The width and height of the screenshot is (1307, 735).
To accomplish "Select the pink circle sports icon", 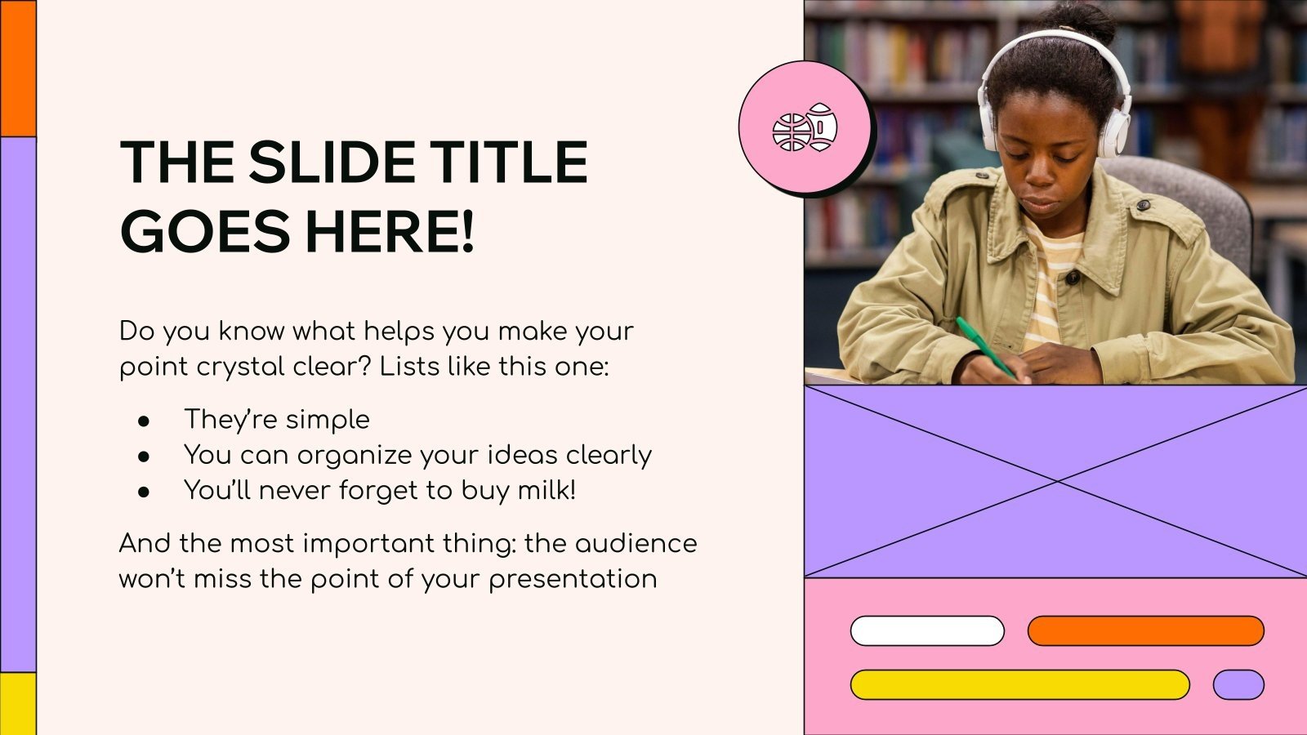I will pos(805,128).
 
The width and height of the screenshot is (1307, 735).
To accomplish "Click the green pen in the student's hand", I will pos(984,346).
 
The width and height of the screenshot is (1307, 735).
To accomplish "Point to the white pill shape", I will pos(927,631).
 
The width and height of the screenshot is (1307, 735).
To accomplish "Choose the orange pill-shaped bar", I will pos(1145,631).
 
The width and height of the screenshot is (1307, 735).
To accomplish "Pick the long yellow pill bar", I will pos(1019,684).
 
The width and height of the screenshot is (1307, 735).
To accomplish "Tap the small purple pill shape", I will pos(1238,684).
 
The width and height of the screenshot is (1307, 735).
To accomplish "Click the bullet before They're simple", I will pos(145,421).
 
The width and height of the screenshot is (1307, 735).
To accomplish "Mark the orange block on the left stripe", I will pos(18,69).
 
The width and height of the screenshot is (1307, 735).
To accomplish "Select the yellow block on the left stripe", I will pos(18,703).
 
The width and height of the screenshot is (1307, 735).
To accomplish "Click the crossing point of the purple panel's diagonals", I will pos(1056,482).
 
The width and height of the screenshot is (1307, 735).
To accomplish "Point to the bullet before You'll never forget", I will pos(145,492).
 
